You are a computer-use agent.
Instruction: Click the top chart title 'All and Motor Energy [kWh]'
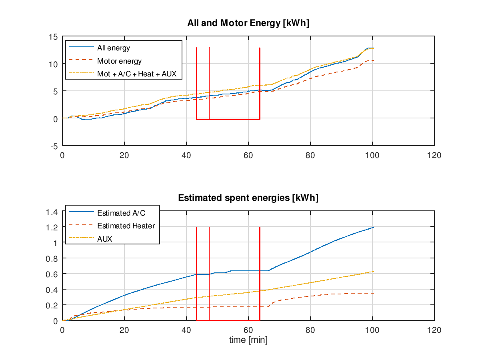pos(248,23)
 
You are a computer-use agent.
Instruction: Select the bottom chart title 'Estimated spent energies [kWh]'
pos(248,198)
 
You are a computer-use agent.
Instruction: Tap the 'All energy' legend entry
pos(114,48)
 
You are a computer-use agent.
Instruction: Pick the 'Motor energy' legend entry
pos(119,61)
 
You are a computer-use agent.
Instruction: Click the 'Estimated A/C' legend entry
pos(121,213)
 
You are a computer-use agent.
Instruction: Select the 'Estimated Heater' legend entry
pos(126,226)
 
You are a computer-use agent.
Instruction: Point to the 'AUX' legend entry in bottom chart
pos(105,239)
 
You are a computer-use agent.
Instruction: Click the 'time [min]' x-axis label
pos(248,340)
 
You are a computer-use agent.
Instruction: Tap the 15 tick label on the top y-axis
pos(54,37)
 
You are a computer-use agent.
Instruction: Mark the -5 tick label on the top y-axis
pos(54,146)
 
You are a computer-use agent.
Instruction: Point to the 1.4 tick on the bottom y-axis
pos(53,212)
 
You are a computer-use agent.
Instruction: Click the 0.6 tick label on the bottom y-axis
pos(53,274)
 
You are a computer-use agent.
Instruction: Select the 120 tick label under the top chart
pos(434,156)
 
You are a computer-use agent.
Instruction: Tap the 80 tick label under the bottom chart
pos(310,330)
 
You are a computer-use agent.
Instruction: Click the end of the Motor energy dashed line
pos(373,60)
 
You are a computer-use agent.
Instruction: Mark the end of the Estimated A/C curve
pos(373,228)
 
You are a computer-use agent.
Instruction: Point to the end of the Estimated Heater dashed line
pos(373,293)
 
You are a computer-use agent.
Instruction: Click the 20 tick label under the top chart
pos(124,156)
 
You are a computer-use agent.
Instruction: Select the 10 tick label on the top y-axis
pos(54,64)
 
